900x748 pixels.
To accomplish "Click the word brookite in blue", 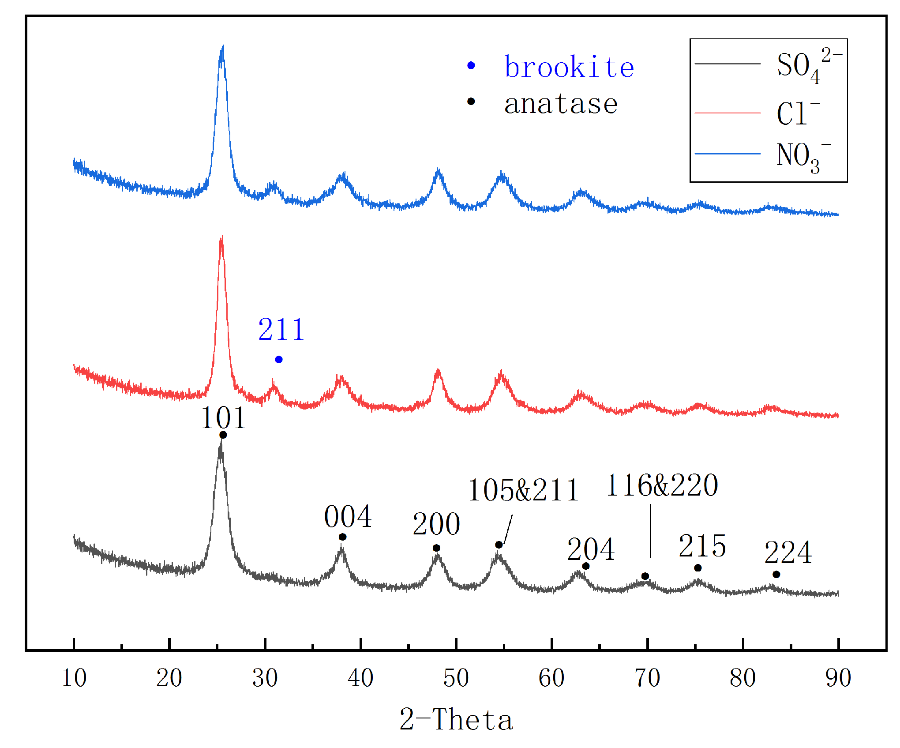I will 569,67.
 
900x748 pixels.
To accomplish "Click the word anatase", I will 561,104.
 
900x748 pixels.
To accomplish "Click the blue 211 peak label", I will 281,330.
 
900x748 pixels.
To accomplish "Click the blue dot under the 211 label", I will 278,360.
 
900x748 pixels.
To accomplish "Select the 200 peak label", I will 436,524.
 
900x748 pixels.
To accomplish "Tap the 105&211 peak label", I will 523,490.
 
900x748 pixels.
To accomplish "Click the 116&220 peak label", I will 662,485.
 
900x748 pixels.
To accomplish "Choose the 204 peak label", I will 591,549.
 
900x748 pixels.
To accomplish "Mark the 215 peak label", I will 702,546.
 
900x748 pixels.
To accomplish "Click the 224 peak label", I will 788,553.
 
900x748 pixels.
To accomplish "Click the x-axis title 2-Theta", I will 456,720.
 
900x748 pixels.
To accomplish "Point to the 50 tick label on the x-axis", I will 456,678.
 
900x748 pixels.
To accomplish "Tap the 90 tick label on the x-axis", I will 838,678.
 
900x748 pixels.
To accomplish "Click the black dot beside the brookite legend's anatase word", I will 471,101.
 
